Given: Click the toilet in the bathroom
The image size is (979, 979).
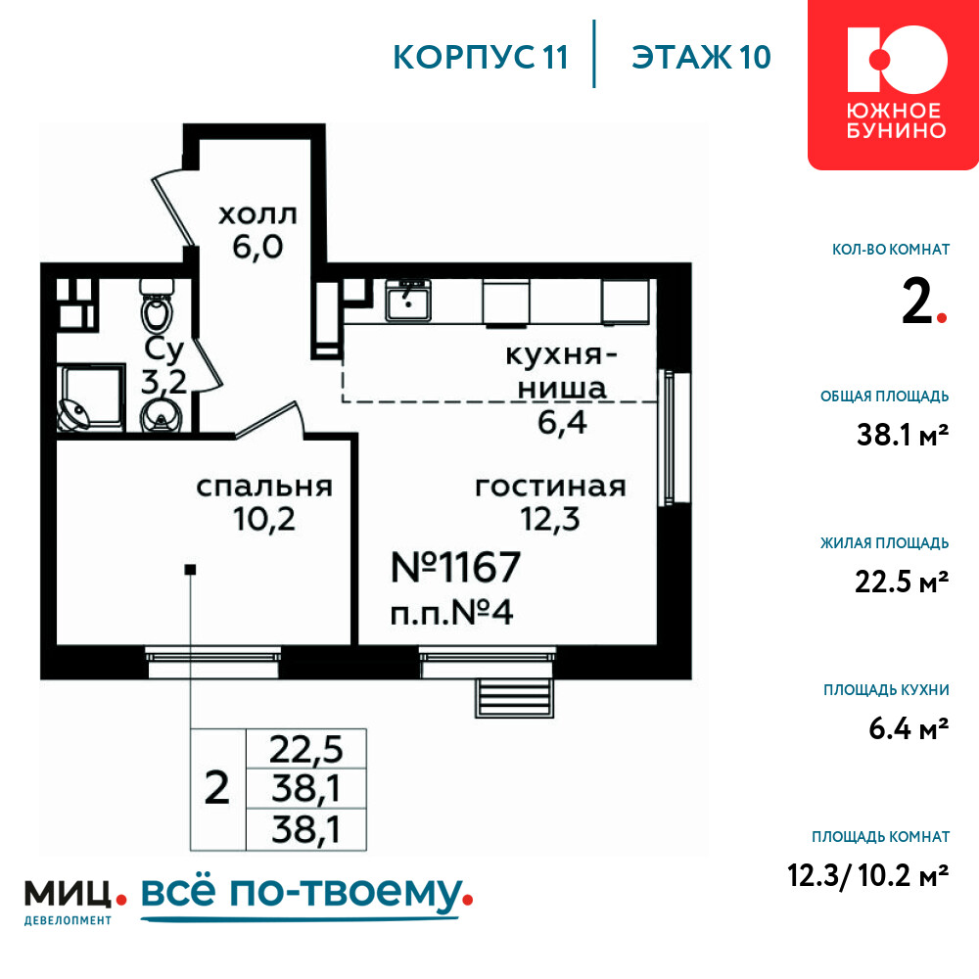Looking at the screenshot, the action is pyautogui.click(x=158, y=304).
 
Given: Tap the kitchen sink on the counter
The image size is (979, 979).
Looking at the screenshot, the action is pyautogui.click(x=408, y=301).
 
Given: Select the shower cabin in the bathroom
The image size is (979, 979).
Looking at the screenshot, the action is pyautogui.click(x=91, y=397).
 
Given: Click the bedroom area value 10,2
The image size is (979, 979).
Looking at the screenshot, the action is pyautogui.click(x=264, y=519).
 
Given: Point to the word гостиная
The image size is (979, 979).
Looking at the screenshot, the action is pyautogui.click(x=550, y=487).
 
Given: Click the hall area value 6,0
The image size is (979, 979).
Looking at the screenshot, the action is pyautogui.click(x=257, y=248).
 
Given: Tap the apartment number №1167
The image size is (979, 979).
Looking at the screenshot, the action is pyautogui.click(x=455, y=567).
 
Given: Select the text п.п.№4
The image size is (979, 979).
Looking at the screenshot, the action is pyautogui.click(x=451, y=613).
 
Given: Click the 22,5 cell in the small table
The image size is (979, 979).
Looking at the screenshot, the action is pyautogui.click(x=305, y=749).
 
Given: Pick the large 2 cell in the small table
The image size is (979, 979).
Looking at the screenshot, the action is pyautogui.click(x=217, y=788).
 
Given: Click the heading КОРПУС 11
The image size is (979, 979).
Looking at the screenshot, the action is pyautogui.click(x=481, y=58).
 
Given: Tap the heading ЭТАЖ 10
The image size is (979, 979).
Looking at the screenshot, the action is pyautogui.click(x=701, y=58).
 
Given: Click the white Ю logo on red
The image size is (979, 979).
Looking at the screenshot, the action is pyautogui.click(x=897, y=60).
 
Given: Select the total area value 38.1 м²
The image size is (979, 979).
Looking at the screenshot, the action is pyautogui.click(x=903, y=435).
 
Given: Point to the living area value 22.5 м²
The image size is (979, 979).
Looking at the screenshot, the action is pyautogui.click(x=902, y=582).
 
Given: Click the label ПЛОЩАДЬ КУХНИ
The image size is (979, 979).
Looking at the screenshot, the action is pyautogui.click(x=886, y=690).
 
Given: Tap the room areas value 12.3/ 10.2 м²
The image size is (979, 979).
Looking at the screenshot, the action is pyautogui.click(x=867, y=875).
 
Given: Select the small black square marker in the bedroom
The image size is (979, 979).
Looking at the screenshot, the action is pyautogui.click(x=191, y=570).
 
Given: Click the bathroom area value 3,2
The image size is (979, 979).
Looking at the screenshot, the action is pyautogui.click(x=163, y=382).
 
